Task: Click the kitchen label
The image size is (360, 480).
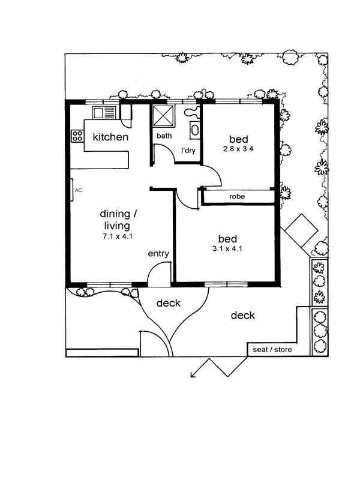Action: click(x=110, y=137)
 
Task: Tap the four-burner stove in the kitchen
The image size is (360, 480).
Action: click(x=77, y=136)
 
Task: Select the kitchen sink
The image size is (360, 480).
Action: click(x=104, y=113)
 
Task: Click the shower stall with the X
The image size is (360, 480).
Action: click(x=163, y=115)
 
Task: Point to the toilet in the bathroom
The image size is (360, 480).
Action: click(x=192, y=112)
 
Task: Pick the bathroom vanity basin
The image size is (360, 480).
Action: click(x=194, y=129)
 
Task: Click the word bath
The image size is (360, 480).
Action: click(x=164, y=136)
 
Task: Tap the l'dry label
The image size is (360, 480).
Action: click(x=188, y=151)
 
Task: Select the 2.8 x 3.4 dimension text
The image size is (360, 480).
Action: click(x=238, y=149)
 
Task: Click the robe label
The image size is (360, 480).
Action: click(x=237, y=196)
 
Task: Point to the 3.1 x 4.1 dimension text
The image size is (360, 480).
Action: click(x=227, y=248)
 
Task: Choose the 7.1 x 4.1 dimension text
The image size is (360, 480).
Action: click(x=118, y=236)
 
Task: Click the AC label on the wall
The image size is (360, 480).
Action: click(x=79, y=190)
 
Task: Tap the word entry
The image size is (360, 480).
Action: click(x=158, y=253)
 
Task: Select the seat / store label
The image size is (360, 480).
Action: click(x=272, y=349)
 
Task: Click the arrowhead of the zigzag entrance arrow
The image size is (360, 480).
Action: click(x=192, y=374)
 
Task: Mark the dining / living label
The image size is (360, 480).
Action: click(x=118, y=220)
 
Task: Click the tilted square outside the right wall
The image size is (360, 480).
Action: click(x=301, y=230)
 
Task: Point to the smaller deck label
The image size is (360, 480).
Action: click(x=169, y=303)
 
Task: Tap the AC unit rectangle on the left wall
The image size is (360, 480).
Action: click(x=71, y=190)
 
